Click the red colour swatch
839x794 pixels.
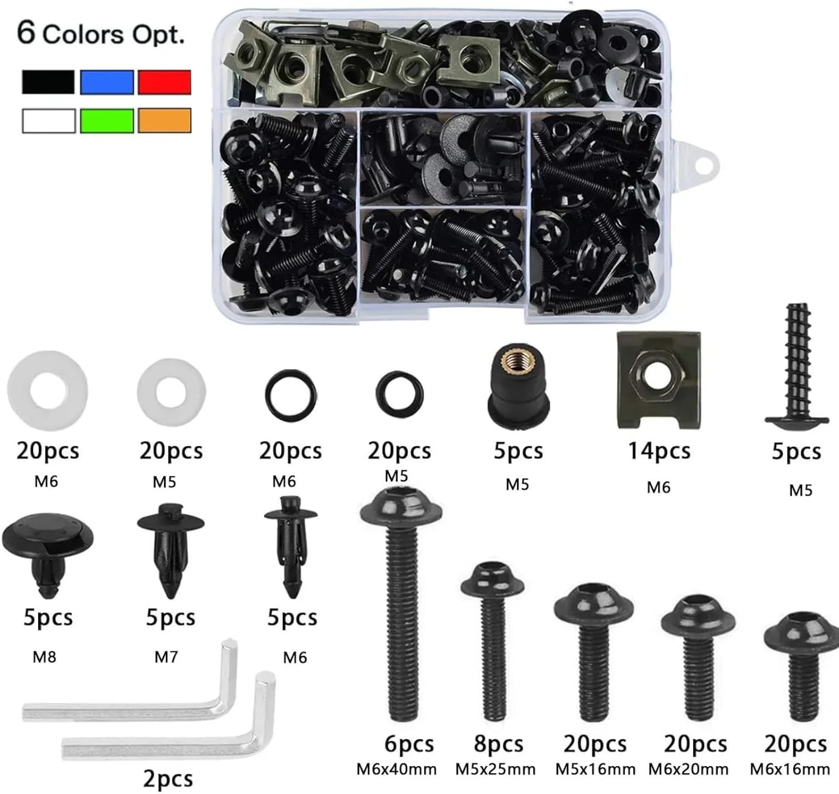164,82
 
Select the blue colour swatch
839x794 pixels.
107,82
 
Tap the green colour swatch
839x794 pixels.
107,121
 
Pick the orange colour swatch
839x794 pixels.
164,121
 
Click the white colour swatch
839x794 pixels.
49,121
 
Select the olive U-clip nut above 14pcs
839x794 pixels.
659,380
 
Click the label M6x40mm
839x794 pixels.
397,770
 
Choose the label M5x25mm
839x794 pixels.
495,770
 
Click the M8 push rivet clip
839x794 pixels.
48,554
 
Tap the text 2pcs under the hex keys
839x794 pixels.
168,779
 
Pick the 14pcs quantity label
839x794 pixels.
659,451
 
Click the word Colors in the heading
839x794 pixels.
82,35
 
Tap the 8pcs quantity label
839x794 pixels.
498,744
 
